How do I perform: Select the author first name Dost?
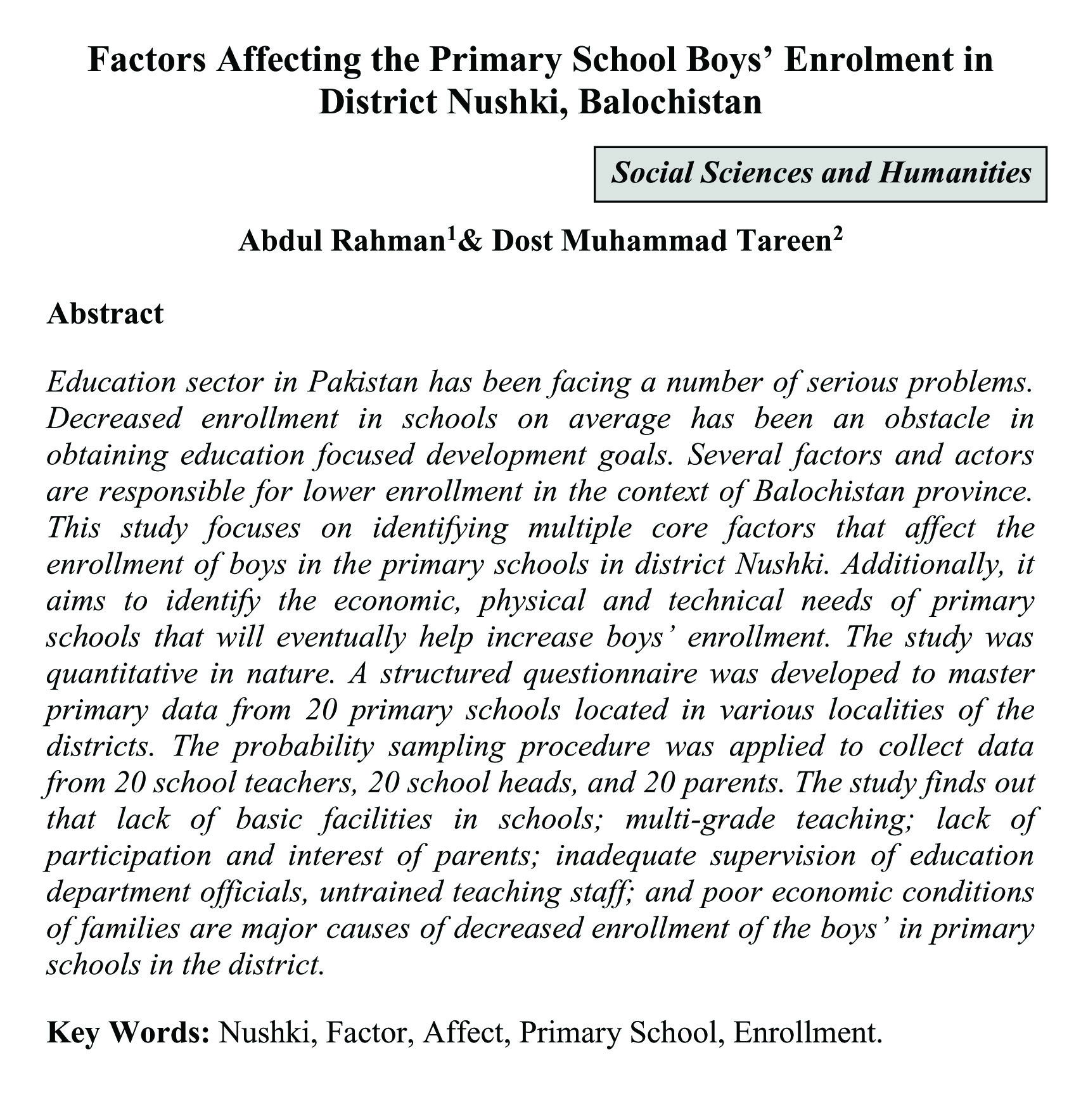[x=523, y=241]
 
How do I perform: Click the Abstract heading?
[x=105, y=313]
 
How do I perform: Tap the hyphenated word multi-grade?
[x=700, y=819]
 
